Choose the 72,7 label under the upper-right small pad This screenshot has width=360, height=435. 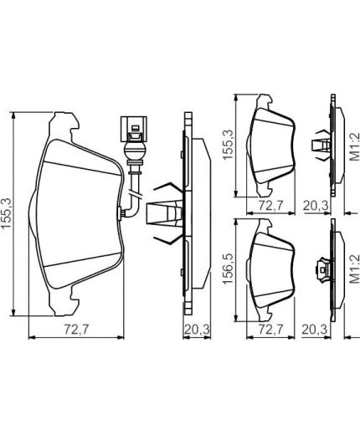(270, 203)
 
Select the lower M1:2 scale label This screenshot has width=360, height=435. (353, 270)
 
